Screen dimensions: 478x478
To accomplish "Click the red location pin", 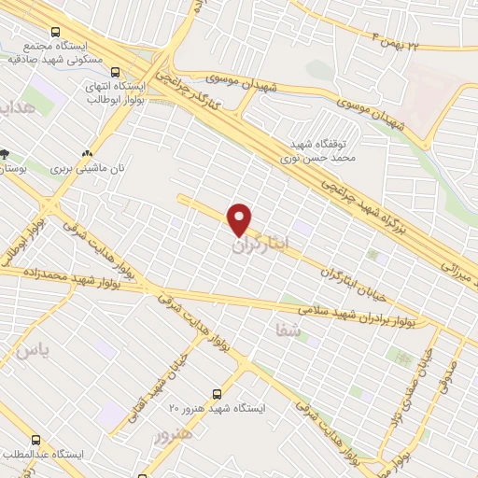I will coord(241,218).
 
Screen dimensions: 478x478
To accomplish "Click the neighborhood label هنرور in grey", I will coord(175,436).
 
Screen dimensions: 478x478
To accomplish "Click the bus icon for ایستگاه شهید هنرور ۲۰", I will coord(218,394).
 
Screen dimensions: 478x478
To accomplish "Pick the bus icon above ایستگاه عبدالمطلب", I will coord(36,439).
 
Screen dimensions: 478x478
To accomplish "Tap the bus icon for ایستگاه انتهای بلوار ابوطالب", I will coord(116,71).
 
